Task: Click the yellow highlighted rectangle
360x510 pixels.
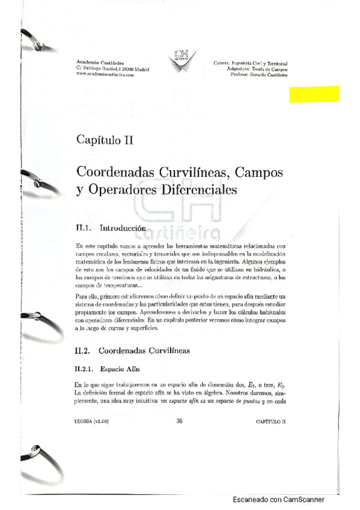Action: coord(314,94)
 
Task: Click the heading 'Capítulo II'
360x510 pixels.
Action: coord(105,140)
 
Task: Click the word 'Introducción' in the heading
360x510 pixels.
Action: coord(123,229)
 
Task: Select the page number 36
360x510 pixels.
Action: coord(179,421)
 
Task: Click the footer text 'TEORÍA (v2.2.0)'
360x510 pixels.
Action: coord(92,422)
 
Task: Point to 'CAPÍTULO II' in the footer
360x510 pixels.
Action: coord(271,422)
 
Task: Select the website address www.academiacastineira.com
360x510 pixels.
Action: coord(106,75)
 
